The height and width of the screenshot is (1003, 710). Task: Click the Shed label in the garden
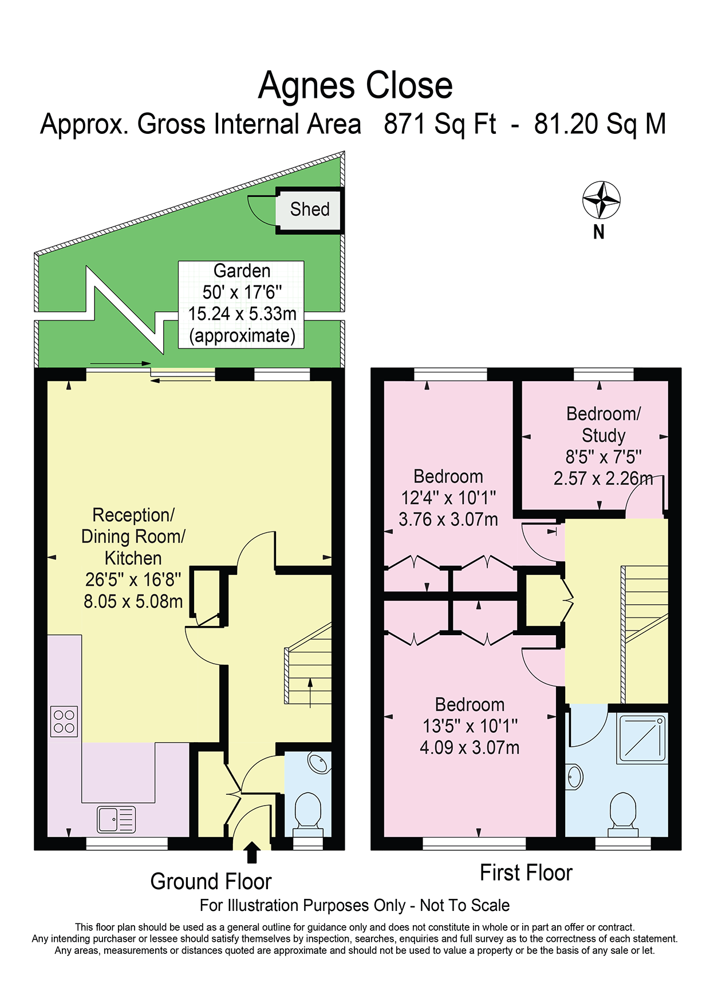pyautogui.click(x=310, y=209)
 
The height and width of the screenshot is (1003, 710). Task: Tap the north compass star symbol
pyautogui.click(x=601, y=200)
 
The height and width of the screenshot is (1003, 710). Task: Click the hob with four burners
pyautogui.click(x=64, y=721)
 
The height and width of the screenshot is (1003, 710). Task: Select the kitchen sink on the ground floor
pyautogui.click(x=116, y=819)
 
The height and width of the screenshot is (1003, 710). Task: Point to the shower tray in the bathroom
pyautogui.click(x=642, y=738)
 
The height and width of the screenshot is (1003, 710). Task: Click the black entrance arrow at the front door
pyautogui.click(x=252, y=852)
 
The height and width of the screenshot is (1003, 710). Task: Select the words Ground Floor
pyautogui.click(x=211, y=881)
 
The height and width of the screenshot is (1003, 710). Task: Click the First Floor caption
pyautogui.click(x=526, y=873)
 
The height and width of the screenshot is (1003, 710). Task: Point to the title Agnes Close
pyautogui.click(x=355, y=85)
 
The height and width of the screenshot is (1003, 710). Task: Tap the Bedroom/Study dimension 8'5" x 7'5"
pyautogui.click(x=603, y=457)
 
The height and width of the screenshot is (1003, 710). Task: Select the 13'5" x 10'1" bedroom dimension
pyautogui.click(x=470, y=726)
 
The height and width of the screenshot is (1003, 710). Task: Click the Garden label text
pyautogui.click(x=242, y=271)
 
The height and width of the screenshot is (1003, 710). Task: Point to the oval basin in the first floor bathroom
pyautogui.click(x=575, y=777)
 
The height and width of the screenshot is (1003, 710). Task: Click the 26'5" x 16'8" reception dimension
pyautogui.click(x=133, y=580)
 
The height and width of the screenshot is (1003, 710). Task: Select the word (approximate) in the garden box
pyautogui.click(x=242, y=336)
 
